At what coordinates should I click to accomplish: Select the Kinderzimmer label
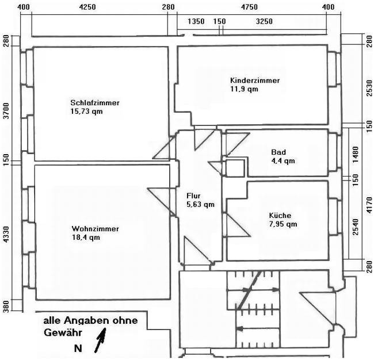coord(254,81)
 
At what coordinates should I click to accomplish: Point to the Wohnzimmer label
coord(95,228)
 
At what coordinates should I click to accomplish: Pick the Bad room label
coord(278,152)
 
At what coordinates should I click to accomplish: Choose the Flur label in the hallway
coord(193,196)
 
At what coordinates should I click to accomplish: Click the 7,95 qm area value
coord(283,224)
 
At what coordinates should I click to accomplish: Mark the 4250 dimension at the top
coord(87,7)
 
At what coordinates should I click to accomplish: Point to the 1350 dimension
coord(196,21)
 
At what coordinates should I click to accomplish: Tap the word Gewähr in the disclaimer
coord(63,332)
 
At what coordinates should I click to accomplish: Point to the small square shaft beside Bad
coord(235,168)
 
